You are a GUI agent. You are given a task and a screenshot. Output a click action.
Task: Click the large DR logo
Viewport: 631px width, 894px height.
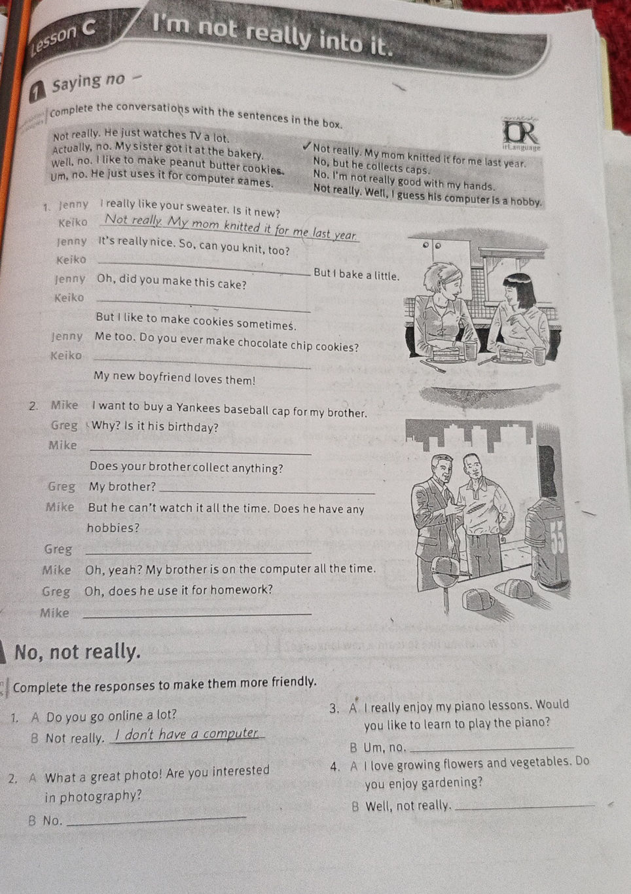pos(520,134)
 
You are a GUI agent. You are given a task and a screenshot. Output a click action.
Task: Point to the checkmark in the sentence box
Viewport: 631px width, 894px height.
pos(306,147)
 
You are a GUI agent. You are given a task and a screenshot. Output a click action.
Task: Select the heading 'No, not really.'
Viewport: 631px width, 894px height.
pos(78,653)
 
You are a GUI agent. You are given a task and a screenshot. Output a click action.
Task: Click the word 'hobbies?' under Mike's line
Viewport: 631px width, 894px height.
pos(113,528)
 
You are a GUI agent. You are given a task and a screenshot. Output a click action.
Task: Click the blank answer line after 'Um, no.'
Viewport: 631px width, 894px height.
pos(492,749)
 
